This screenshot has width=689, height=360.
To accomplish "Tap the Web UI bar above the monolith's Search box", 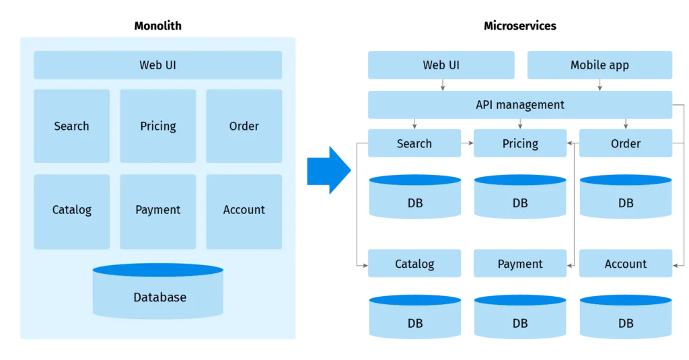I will [x=158, y=65].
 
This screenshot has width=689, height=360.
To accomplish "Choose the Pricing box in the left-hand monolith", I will [x=158, y=126].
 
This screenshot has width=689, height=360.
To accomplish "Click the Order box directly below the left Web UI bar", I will [x=244, y=126].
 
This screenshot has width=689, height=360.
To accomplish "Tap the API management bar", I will [x=519, y=104].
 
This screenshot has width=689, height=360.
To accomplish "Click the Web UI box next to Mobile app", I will [x=441, y=65].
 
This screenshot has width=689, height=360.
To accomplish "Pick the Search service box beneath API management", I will [x=414, y=144].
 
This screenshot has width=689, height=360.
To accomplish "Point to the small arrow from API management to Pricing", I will [x=519, y=124].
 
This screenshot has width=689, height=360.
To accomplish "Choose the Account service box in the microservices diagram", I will [x=625, y=264].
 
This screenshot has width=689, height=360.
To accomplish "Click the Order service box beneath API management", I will [x=625, y=144].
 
